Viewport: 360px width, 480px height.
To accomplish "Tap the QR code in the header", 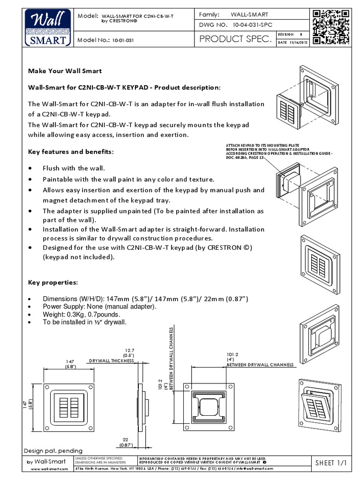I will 331,27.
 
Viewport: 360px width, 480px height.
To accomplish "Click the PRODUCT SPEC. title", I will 235,40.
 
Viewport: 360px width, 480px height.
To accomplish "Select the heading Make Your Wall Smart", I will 65,71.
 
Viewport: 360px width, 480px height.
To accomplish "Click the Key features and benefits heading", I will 71,152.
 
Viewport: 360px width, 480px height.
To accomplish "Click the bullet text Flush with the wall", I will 74,168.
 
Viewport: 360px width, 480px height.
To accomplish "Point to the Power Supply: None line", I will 99,306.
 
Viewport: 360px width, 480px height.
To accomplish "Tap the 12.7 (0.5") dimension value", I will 129,352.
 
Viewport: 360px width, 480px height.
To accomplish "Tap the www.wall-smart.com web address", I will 46,468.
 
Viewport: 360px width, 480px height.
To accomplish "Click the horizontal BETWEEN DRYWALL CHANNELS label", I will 260,364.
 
